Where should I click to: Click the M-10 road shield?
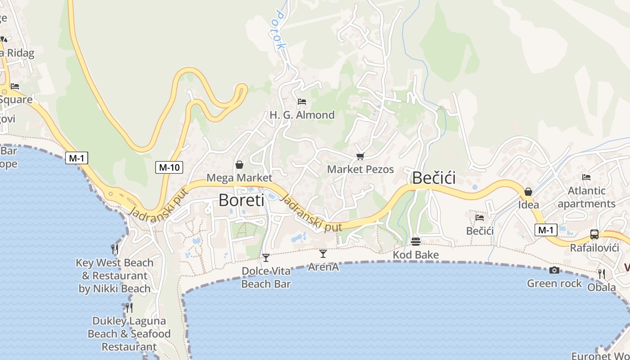(169, 167)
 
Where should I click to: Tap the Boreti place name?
(241, 200)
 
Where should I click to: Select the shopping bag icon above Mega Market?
(239, 165)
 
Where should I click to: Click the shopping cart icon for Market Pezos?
(360, 156)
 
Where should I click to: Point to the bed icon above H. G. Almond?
(301, 102)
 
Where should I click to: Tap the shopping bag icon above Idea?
(528, 192)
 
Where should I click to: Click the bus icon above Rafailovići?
(594, 234)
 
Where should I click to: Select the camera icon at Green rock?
(554, 270)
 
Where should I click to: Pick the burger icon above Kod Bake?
(415, 242)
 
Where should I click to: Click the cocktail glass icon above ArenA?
(323, 254)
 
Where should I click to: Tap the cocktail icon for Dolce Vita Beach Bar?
(266, 258)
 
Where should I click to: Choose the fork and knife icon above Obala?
(601, 273)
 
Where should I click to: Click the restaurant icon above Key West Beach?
(115, 249)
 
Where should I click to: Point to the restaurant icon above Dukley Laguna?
(129, 307)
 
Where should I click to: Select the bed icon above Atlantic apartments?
(586, 177)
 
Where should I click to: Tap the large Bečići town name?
(434, 178)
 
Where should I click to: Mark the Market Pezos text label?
(360, 170)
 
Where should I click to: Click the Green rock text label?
(554, 283)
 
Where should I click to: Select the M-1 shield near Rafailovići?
(546, 230)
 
